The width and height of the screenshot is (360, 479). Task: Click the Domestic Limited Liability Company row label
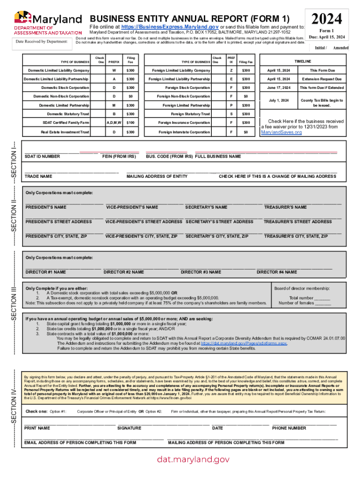pyautogui.click(x=58, y=70)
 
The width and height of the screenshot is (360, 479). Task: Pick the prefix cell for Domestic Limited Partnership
pyautogui.click(x=114, y=105)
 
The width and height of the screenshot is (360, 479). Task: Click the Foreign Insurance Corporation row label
pyautogui.click(x=184, y=123)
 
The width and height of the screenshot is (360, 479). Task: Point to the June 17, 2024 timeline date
pyautogui.click(x=279, y=88)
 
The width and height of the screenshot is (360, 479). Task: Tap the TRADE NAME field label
pyautogui.click(x=38, y=176)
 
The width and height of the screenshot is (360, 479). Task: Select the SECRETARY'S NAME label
pyautogui.click(x=206, y=207)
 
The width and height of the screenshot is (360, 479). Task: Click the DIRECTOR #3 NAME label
pyautogui.click(x=201, y=272)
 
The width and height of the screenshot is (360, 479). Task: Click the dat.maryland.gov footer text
pyautogui.click(x=193, y=460)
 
